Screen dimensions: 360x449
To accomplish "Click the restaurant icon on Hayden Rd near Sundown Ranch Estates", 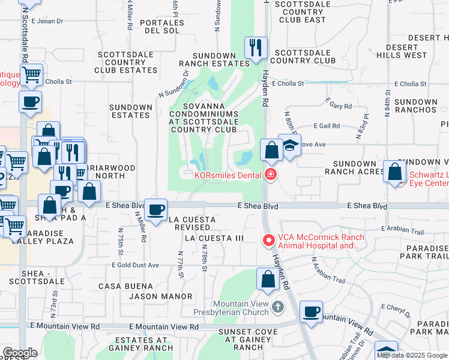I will tap(256, 47).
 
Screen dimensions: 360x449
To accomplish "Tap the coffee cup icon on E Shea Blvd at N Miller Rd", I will tap(156, 210).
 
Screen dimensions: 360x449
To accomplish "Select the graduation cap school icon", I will tap(290, 146).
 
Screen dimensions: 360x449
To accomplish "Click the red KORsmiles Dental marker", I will tap(270, 175).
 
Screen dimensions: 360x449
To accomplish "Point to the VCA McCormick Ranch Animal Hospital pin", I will tap(268, 241).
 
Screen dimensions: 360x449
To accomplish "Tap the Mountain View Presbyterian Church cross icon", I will tap(277, 307).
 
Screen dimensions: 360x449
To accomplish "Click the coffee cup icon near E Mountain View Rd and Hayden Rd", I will tap(311, 312).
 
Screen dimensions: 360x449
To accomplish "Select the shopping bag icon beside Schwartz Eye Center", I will tap(395, 172).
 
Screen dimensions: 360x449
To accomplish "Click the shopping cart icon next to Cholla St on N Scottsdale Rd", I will tap(31, 75).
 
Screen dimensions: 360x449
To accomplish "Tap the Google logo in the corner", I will tap(19, 353).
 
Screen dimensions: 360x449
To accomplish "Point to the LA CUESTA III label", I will tap(214, 238).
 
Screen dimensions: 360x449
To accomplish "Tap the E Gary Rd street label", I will tap(339, 106).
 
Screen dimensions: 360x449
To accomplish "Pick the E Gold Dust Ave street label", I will tap(135, 265).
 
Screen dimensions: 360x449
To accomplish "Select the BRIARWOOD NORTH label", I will tap(109, 172).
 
